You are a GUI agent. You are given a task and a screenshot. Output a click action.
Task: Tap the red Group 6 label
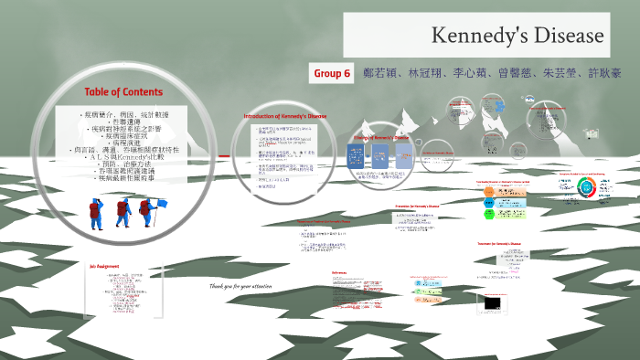(x=332, y=73)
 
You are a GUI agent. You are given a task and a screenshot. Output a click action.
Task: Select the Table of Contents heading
(x=123, y=92)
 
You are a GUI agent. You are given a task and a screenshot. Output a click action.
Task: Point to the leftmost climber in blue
(x=94, y=213)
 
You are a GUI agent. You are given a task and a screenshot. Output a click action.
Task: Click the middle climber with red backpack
(x=123, y=213)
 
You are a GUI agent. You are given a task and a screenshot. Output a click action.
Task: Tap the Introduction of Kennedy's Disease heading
(x=284, y=117)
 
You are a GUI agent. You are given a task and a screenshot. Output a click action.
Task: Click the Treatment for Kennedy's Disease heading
(x=499, y=244)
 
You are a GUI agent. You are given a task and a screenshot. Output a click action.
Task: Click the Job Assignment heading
(x=106, y=266)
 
